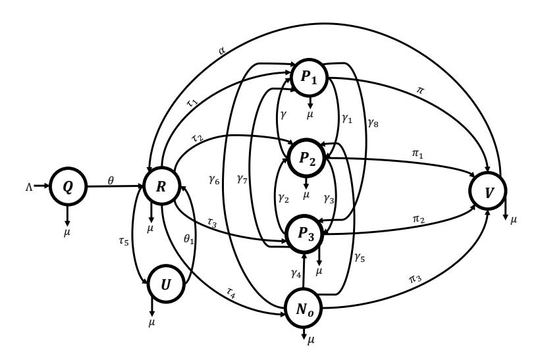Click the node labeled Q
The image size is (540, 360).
67,186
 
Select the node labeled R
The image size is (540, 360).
161,186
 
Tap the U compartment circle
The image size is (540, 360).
166,284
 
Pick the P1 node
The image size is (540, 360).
309,77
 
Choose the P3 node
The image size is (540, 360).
305,234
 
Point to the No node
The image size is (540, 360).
304,309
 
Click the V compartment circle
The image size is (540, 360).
488,192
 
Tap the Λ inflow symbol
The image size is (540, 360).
29,186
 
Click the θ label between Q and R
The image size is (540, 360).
111,180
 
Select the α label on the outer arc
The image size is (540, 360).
222,51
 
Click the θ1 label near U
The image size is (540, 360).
189,238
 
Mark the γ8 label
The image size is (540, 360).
373,122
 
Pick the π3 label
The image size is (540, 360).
415,278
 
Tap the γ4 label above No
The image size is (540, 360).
296,273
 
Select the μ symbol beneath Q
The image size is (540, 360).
67,232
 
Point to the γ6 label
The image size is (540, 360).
214,179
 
